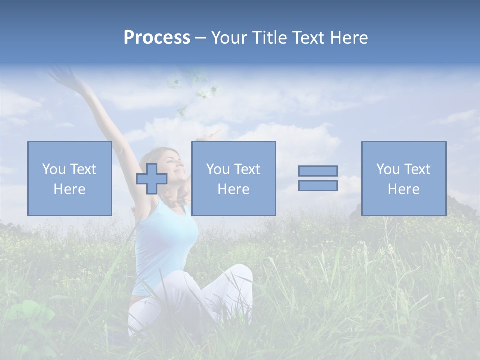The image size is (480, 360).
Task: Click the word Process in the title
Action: pos(157,38)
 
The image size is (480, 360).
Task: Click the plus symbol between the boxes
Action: pos(152,178)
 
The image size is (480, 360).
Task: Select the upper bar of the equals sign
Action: pos(318,171)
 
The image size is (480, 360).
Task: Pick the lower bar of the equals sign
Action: pos(318,185)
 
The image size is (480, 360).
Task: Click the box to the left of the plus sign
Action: pos(69,178)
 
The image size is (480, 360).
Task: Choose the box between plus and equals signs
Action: pos(233,178)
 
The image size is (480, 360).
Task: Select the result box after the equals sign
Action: pos(403,178)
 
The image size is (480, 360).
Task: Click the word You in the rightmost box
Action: pos(388,169)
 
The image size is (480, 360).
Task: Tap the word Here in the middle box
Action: pos(233,189)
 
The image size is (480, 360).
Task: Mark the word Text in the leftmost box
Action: pos(83,169)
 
